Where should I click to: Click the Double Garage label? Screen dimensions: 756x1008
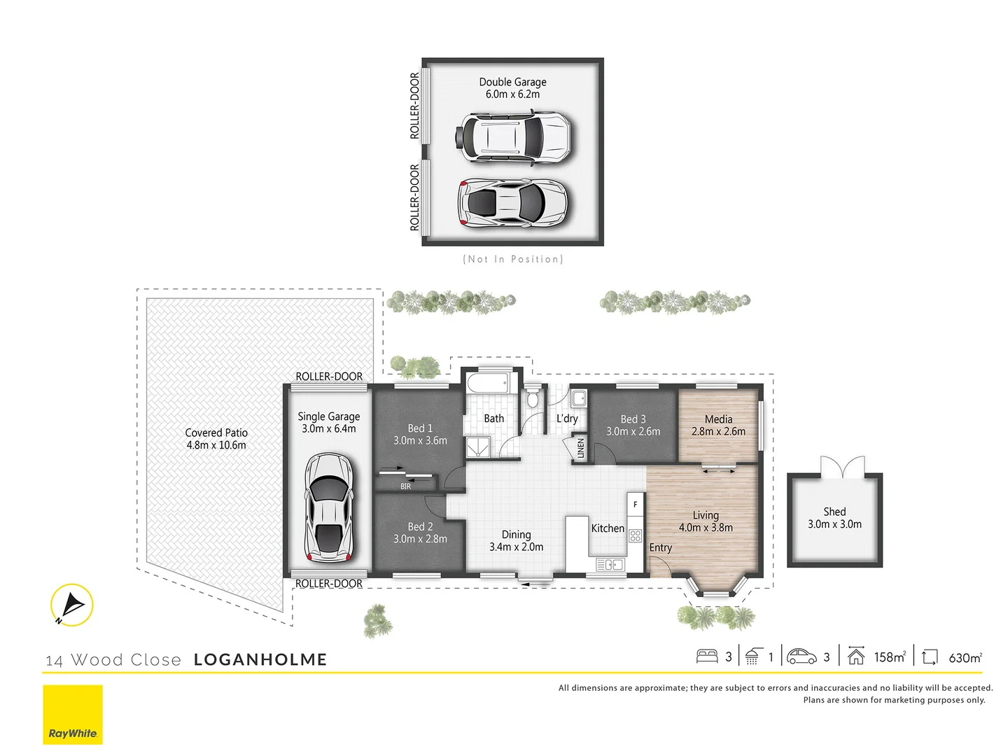click(x=512, y=82)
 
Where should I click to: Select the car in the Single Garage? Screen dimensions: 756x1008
click(x=328, y=507)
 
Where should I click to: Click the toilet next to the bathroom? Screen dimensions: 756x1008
click(x=533, y=398)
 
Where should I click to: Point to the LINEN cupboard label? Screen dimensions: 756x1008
click(x=580, y=448)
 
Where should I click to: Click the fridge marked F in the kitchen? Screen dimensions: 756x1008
click(x=635, y=504)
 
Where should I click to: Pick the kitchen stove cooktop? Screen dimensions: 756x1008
click(x=635, y=536)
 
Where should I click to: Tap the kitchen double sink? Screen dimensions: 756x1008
click(x=610, y=564)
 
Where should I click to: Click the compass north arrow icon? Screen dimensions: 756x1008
click(x=71, y=605)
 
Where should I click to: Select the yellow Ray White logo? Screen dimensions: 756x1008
click(x=73, y=714)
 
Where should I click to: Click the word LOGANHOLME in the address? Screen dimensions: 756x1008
click(x=260, y=659)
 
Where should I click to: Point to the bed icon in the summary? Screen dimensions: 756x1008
click(x=707, y=657)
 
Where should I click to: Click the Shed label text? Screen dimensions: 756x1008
click(x=834, y=512)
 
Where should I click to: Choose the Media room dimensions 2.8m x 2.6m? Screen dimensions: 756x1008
click(x=718, y=431)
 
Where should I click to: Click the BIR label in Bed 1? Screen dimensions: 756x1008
click(x=406, y=486)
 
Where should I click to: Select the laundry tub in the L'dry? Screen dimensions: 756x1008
click(x=578, y=399)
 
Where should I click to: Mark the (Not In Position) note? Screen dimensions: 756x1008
click(x=512, y=259)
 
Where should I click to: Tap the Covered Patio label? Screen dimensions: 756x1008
click(x=216, y=433)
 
